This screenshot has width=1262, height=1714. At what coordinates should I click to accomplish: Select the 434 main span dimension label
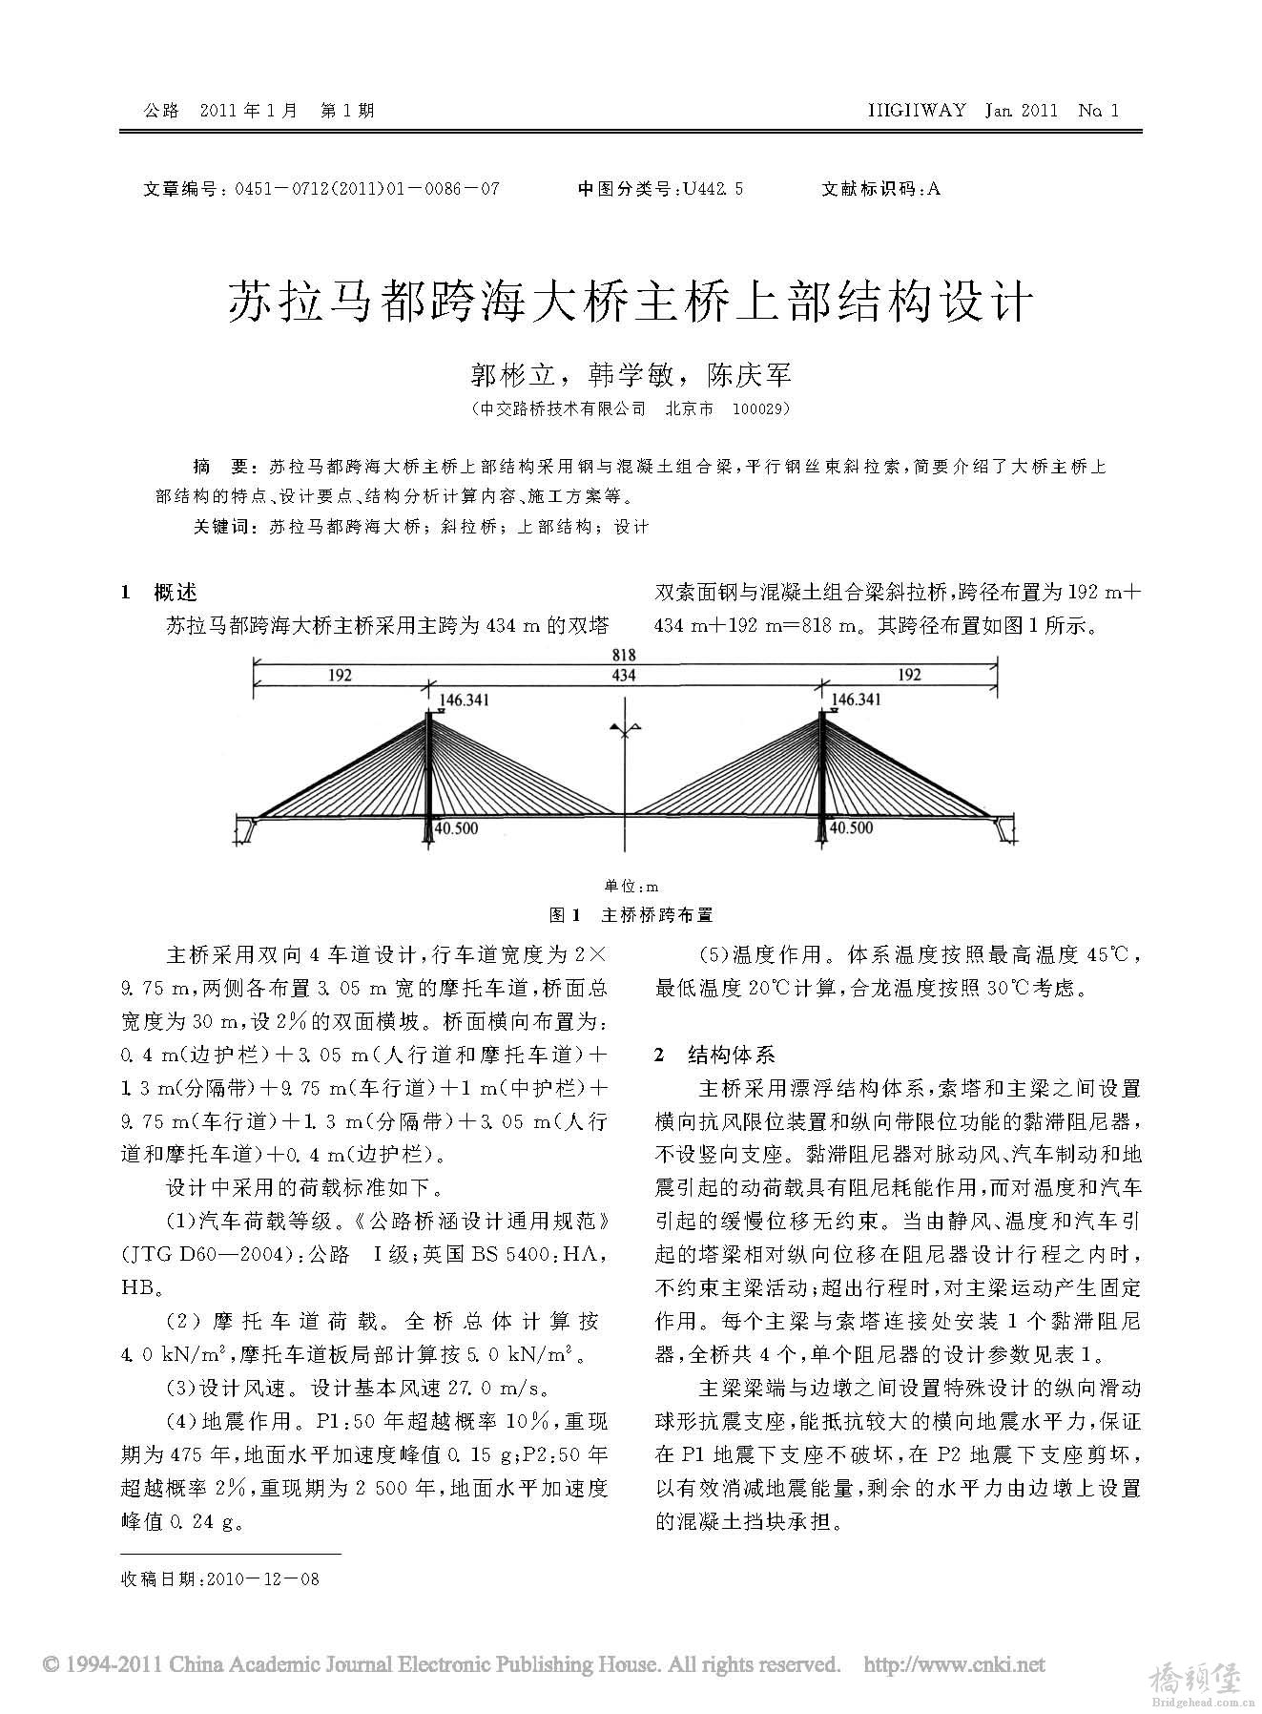(624, 676)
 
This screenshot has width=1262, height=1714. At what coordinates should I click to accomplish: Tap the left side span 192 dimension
(340, 676)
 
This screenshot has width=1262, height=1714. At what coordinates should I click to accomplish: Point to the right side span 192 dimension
(909, 676)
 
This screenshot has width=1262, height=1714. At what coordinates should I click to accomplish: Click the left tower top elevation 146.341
(465, 700)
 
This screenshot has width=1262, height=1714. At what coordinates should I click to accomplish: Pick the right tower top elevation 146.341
(857, 700)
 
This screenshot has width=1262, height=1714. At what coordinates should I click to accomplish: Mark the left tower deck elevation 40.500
(456, 828)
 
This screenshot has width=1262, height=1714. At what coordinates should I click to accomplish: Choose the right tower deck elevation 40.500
(851, 828)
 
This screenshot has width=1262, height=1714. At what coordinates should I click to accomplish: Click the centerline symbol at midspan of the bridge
(625, 730)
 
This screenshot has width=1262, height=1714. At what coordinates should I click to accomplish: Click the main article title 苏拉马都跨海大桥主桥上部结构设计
(631, 303)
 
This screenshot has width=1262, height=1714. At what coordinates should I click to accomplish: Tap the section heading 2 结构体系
(715, 1055)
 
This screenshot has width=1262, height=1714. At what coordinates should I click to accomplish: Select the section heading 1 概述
(160, 593)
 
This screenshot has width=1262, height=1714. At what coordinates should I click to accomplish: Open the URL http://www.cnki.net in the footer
(953, 1665)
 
